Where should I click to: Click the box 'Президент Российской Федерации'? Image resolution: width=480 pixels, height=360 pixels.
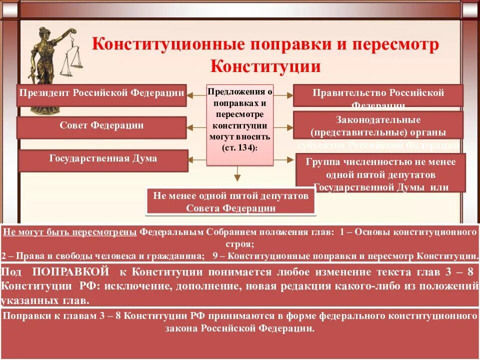[101, 94]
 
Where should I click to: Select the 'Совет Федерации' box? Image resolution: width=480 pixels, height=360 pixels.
[101, 127]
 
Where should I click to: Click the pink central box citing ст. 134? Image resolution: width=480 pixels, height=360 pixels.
[239, 124]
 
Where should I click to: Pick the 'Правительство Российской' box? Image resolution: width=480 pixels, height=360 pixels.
[378, 95]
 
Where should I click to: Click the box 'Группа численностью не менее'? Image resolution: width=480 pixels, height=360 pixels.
[380, 172]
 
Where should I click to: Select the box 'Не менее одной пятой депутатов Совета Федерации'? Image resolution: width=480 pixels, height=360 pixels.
[231, 202]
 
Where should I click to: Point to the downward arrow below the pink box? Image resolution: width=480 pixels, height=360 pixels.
[238, 175]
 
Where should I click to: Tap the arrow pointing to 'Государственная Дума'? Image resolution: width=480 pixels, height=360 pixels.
[198, 160]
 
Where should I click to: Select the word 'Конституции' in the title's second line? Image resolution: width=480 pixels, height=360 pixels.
[265, 66]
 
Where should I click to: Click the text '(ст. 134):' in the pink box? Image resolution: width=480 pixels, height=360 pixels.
[239, 148]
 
